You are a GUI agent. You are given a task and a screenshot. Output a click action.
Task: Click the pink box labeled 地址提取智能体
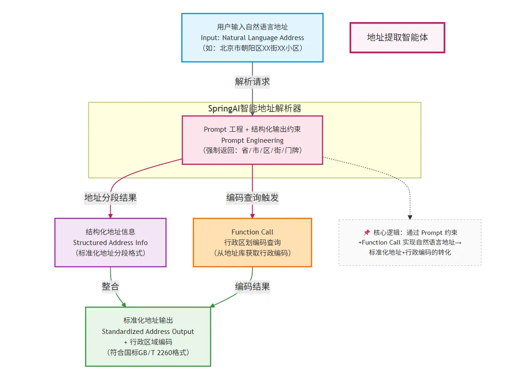(x=397, y=38)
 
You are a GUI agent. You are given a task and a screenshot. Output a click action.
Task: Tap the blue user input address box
(x=252, y=37)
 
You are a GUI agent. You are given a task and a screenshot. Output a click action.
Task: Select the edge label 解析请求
(x=252, y=82)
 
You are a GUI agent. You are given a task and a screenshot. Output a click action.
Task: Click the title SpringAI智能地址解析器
(x=255, y=109)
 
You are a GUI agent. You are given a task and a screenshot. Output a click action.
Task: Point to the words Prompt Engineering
(x=252, y=140)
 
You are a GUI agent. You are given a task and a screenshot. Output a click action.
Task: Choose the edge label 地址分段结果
(x=110, y=198)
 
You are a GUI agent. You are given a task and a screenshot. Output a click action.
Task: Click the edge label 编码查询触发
(x=252, y=198)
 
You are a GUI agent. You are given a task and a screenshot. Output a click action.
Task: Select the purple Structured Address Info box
(x=110, y=242)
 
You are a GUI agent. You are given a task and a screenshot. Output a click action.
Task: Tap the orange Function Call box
(x=252, y=242)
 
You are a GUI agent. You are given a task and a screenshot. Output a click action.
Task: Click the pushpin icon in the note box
(x=367, y=233)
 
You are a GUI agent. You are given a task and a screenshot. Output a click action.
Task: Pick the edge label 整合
(x=110, y=286)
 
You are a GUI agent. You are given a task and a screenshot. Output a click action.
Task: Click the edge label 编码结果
(x=252, y=286)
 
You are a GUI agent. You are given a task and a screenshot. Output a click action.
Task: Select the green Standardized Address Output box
(x=148, y=336)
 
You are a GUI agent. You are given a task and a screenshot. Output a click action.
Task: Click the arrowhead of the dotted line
(x=410, y=217)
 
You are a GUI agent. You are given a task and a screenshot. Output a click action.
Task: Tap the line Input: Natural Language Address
(x=252, y=38)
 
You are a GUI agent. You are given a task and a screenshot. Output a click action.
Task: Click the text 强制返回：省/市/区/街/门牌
(x=252, y=151)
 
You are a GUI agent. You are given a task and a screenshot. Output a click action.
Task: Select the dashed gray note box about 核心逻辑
(x=410, y=242)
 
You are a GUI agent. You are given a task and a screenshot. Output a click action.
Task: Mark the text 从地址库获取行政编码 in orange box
(x=252, y=253)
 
